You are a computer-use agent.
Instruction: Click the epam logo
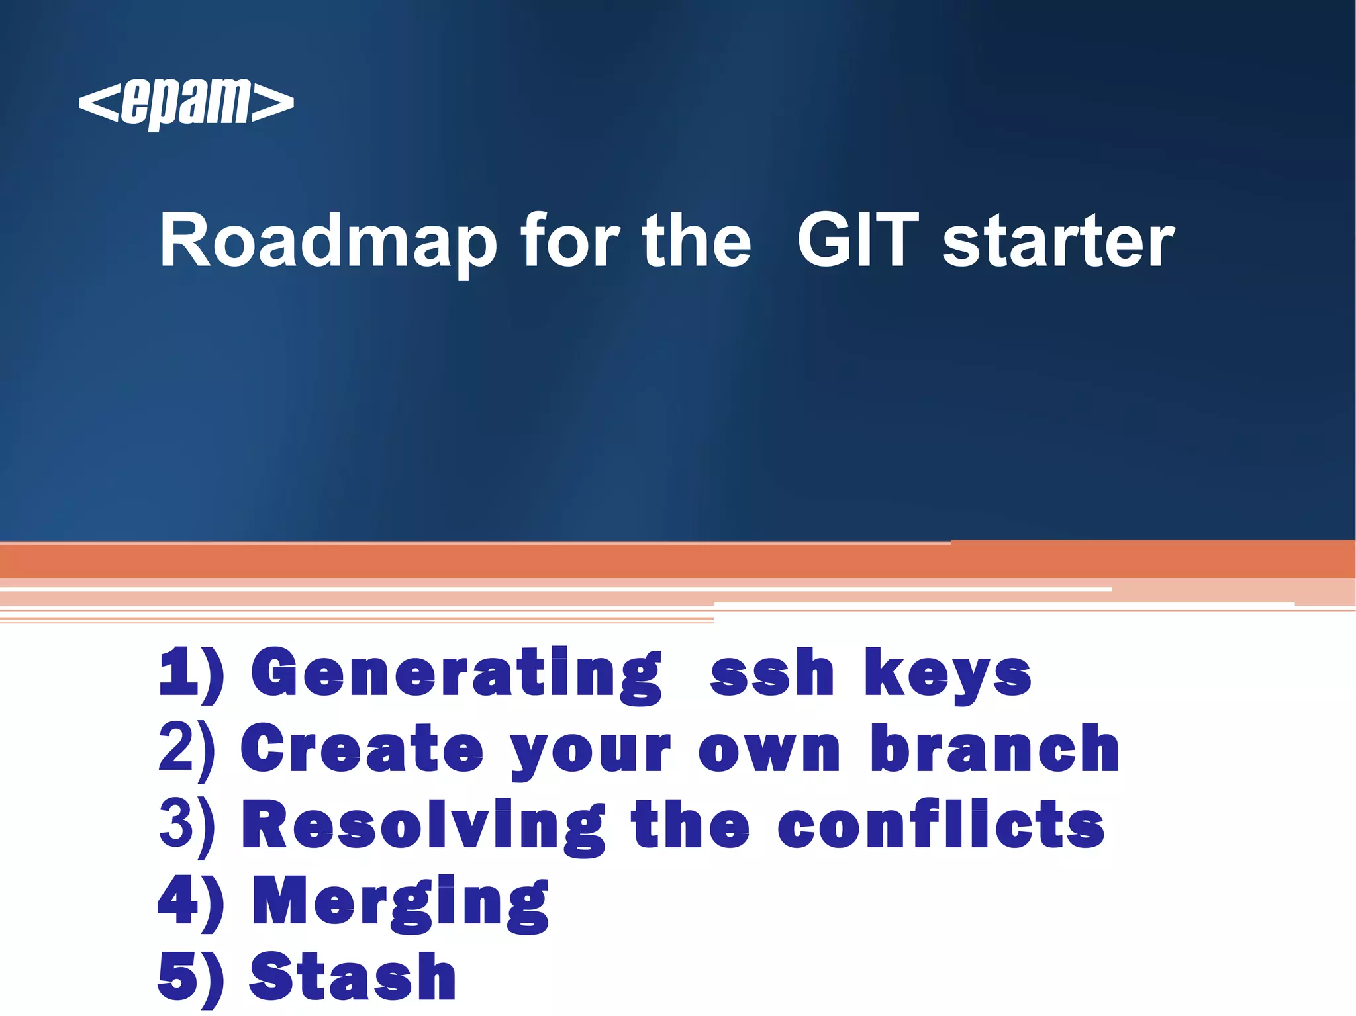(186, 103)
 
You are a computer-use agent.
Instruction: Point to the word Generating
(456, 674)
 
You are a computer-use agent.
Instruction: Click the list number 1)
(191, 674)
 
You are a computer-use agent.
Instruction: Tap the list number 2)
(187, 750)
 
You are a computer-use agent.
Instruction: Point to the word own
(769, 751)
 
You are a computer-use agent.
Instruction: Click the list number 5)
(191, 977)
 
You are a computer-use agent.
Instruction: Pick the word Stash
(353, 977)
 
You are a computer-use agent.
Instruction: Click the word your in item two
(591, 753)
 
